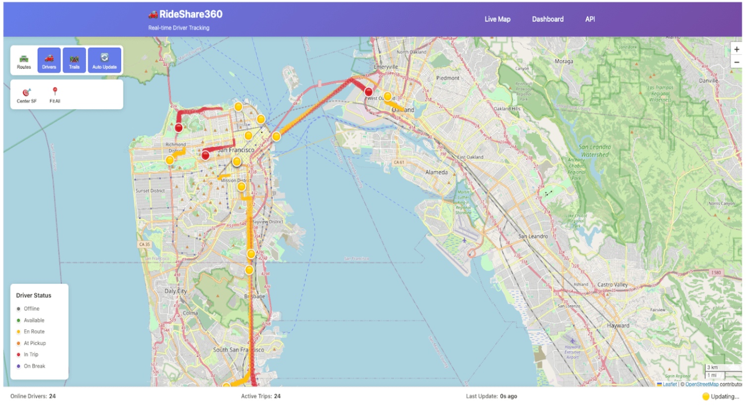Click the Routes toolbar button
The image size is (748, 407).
coord(24,61)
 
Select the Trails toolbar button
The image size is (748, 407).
coord(74,61)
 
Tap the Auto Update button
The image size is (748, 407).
coord(105,61)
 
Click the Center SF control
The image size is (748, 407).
coord(27,95)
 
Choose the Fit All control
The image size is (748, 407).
coord(55,95)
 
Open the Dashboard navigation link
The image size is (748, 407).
coord(548,19)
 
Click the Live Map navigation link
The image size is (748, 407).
coord(497,19)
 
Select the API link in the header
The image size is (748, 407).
coord(590,19)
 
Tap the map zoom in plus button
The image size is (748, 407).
coord(737,50)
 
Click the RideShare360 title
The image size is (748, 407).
coord(190,14)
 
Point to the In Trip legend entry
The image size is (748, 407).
coord(31,355)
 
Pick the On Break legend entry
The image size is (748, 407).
coord(34,366)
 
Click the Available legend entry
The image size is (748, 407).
coord(34,321)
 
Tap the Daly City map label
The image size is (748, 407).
coord(175,291)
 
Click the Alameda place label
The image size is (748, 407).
coord(437,173)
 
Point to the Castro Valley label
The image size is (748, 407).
coord(612,285)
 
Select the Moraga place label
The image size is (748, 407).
coord(564,62)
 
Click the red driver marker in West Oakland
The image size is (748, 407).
coord(369,92)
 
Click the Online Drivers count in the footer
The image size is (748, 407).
coord(33,397)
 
